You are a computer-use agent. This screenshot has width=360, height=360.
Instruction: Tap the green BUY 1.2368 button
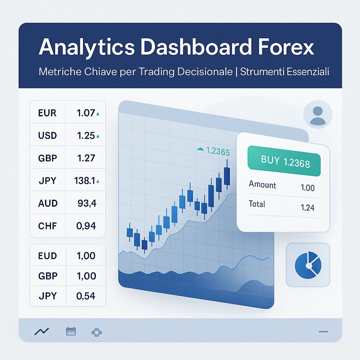pyautogui.click(x=285, y=161)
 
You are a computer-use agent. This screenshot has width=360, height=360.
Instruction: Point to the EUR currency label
pyautogui.click(x=47, y=113)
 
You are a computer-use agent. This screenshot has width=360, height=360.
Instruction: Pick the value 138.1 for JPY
pyautogui.click(x=85, y=181)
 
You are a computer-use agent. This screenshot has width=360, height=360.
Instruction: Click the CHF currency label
pyautogui.click(x=47, y=226)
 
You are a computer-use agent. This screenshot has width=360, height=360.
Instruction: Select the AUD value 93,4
pyautogui.click(x=86, y=203)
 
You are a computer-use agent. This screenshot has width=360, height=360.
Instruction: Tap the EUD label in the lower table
pyautogui.click(x=47, y=256)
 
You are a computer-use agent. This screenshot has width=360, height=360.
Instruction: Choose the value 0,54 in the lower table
pyautogui.click(x=86, y=296)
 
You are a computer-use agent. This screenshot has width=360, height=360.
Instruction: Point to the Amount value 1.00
pyautogui.click(x=308, y=188)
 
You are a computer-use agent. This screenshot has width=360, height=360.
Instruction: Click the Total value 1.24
pyautogui.click(x=308, y=208)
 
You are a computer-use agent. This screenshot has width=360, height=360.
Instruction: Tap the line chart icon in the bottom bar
pyautogui.click(x=41, y=331)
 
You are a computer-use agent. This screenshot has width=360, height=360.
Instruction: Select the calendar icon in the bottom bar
pyautogui.click(x=71, y=331)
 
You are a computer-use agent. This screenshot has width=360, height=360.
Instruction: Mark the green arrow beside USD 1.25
pyautogui.click(x=98, y=136)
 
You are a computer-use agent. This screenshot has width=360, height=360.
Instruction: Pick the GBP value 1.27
pyautogui.click(x=86, y=158)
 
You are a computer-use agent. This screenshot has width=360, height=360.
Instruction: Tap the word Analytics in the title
pyautogui.click(x=86, y=47)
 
